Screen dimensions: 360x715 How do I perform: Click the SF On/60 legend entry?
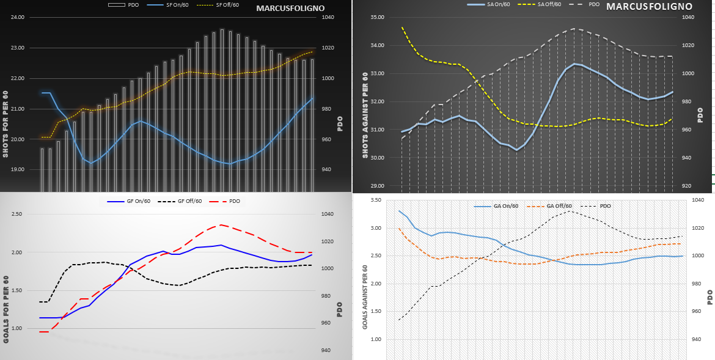click(177, 6)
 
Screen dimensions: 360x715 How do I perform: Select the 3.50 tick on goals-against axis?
click(376, 200)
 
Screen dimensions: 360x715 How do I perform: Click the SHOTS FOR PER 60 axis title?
click(5, 124)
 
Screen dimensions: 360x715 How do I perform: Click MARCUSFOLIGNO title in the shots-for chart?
click(290, 9)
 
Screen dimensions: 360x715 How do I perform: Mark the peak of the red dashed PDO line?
click(221, 225)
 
